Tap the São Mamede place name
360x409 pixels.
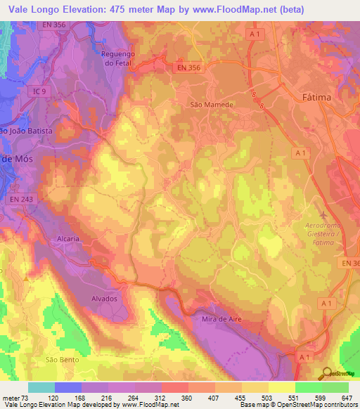[x=212, y=104]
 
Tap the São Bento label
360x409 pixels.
[x=60, y=359]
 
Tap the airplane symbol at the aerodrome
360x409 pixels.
[x=323, y=214]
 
